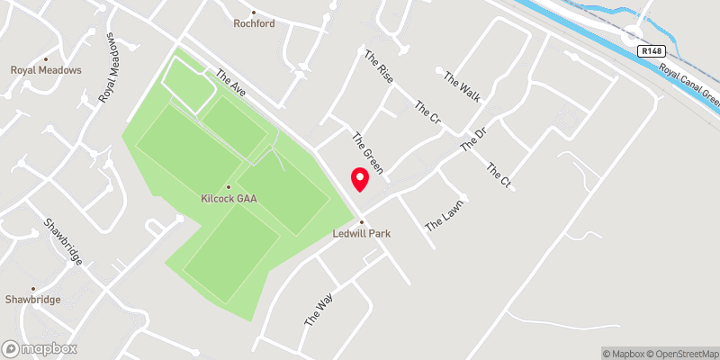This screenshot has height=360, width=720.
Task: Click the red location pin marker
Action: [359, 179]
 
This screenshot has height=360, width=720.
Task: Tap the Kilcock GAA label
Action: [229, 199]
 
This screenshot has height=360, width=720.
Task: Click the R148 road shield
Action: [652, 52]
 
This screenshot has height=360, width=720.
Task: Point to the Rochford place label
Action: [254, 24]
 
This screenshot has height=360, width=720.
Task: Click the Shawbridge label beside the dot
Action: [31, 298]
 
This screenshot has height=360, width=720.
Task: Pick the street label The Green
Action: [368, 152]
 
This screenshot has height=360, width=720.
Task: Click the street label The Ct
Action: [499, 175]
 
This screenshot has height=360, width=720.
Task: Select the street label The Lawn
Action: [444, 214]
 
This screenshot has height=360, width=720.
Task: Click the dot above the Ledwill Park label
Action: [361, 222]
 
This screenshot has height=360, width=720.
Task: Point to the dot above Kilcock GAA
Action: [229, 187]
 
